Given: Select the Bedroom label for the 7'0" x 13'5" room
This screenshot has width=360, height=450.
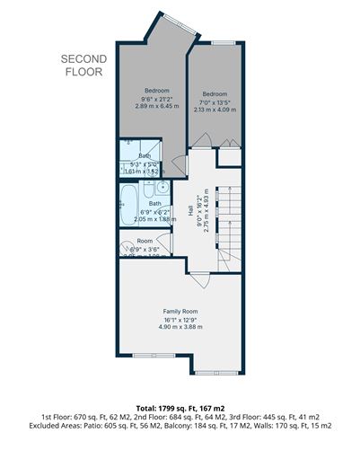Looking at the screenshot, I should (215, 94).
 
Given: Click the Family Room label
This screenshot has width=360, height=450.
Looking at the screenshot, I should (180, 311).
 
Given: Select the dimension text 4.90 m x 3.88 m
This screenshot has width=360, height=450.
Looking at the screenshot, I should (180, 327).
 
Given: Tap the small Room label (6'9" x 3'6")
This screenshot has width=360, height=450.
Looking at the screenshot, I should (145, 242).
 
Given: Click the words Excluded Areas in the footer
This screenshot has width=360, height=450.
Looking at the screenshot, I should (56, 426).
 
